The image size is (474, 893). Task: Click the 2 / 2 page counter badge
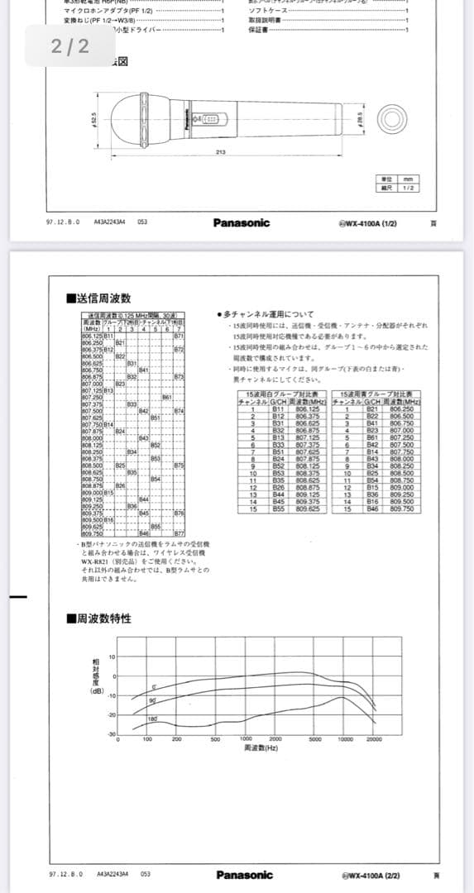tap(69, 46)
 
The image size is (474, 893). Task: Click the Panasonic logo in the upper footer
tap(241, 222)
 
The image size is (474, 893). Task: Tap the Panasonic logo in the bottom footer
tap(244, 875)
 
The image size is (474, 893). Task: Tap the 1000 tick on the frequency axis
tap(246, 739)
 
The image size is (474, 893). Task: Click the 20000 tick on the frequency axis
tap(374, 739)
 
